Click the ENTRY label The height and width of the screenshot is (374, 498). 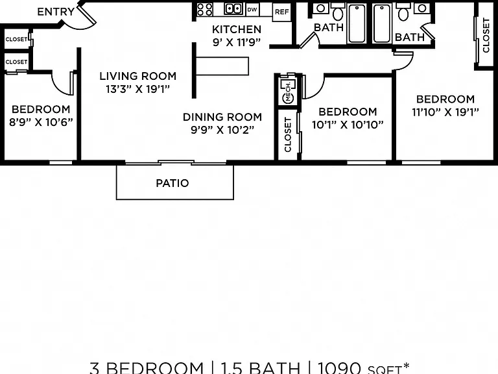point(56,12)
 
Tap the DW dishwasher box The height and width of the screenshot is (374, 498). point(252,10)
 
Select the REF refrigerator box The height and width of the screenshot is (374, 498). point(281,12)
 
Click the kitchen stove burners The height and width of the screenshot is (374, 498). point(204,10)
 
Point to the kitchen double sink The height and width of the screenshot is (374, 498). point(233,8)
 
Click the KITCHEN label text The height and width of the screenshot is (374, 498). point(237,29)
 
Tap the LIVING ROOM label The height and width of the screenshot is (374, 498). point(138,76)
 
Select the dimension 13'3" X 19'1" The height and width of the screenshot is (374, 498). point(138,89)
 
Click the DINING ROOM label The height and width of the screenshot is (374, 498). point(222,117)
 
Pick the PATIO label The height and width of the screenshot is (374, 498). point(172,183)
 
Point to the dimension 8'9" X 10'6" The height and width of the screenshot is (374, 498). point(41,122)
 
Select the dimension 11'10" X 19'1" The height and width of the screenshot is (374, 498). point(445,112)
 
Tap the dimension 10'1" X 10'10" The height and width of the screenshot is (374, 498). point(348,125)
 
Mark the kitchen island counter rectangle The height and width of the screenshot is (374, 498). point(222,66)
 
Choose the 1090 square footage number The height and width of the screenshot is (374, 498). point(340,368)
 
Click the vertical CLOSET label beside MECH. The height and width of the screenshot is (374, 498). point(288,134)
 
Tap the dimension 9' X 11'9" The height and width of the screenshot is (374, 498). point(237,42)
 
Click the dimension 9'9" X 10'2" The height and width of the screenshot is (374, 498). point(222,130)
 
